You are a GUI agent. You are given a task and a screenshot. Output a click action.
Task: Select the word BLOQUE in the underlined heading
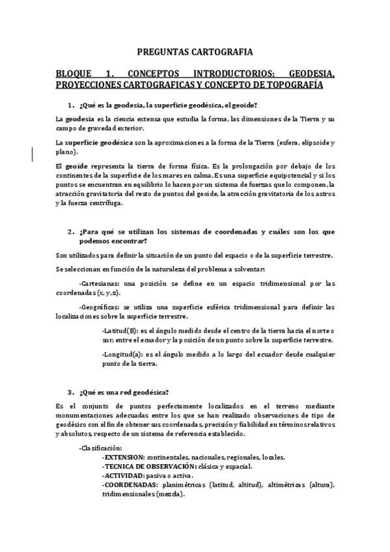pyautogui.click(x=76, y=74)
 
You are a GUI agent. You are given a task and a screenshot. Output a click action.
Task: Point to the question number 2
pyautogui.click(x=70, y=232)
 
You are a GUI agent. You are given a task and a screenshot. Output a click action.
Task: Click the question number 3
pyautogui.click(x=70, y=392)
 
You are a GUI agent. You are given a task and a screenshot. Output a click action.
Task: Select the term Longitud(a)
pyautogui.click(x=122, y=354)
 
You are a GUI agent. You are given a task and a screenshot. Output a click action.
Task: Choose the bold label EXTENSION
pyautogui.click(x=124, y=457)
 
